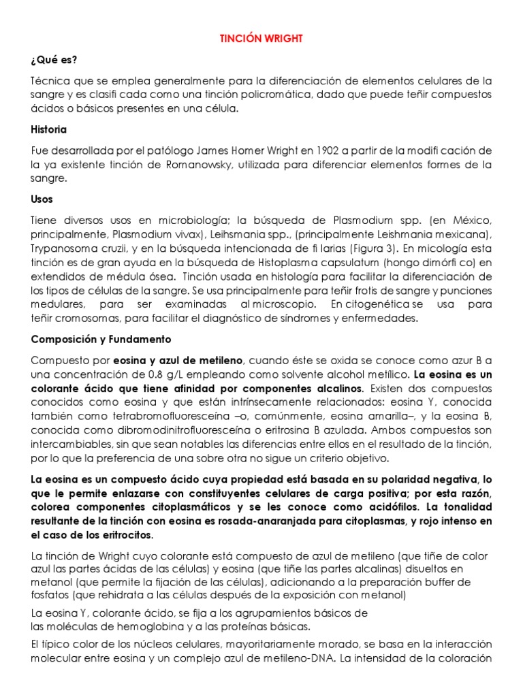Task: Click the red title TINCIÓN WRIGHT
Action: [261, 39]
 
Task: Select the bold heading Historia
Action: [49, 129]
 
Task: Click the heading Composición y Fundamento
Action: [101, 339]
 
